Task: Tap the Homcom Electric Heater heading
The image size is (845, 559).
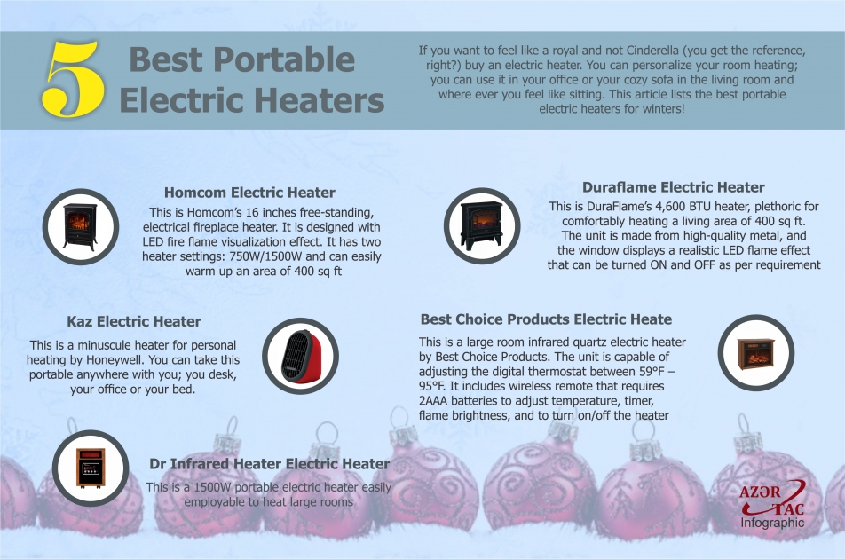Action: pos(249,193)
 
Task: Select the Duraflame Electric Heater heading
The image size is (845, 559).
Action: pos(673,187)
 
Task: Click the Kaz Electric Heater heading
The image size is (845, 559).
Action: pos(134,321)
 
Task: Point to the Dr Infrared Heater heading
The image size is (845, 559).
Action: pos(269,464)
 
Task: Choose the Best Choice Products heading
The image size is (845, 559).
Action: pos(546,319)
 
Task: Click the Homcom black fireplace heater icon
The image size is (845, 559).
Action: pos(81,225)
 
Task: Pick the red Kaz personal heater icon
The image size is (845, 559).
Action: pos(301,356)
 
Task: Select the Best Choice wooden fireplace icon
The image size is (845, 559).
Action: pos(755,352)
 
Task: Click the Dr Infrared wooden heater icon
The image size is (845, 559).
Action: pos(91,465)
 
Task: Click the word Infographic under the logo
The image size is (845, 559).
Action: pos(772,523)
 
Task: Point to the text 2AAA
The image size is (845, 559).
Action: pos(434,402)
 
